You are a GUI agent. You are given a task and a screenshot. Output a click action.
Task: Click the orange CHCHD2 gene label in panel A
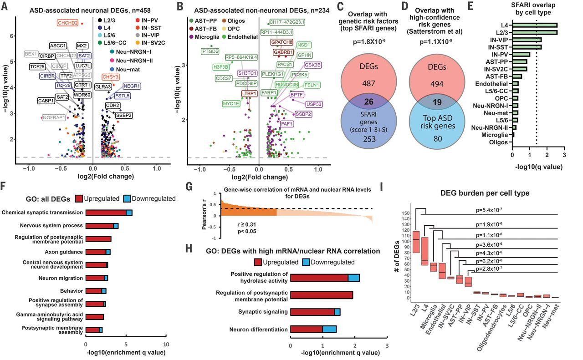[67, 23]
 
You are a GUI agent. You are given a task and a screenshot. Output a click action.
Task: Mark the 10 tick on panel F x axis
[166, 344]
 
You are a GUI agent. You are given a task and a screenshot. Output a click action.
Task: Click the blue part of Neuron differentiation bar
[330, 330]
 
